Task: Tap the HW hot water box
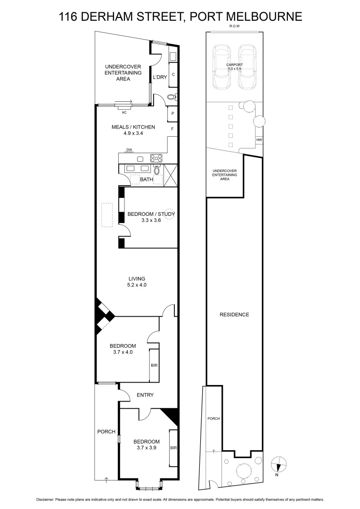click(259, 140)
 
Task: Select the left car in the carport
click(221, 67)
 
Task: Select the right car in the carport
click(247, 67)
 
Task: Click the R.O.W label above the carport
click(234, 26)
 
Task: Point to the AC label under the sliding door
click(124, 113)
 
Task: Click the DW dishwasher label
click(129, 150)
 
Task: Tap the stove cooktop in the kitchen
click(155, 158)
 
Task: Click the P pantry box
click(172, 114)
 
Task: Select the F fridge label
click(172, 129)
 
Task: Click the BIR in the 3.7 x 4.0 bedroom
click(154, 365)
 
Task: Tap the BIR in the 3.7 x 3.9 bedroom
click(173, 448)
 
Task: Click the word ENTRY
click(145, 395)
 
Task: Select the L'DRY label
click(160, 77)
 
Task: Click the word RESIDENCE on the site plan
click(234, 314)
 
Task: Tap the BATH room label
click(147, 180)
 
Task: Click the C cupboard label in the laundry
click(173, 74)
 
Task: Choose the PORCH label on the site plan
click(213, 419)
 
